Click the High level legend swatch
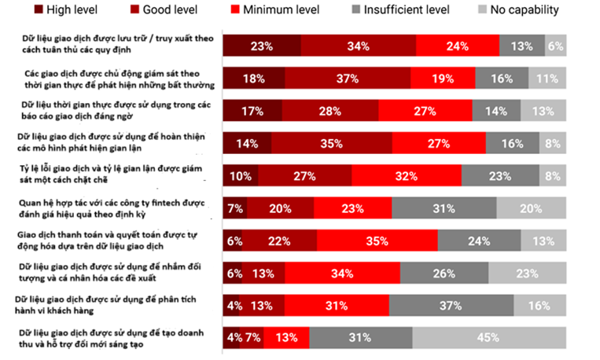pos(39,10)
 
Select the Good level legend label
pos(169,10)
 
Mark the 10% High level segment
pos(240,174)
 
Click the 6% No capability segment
pos(555,46)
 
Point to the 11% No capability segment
pos(547,79)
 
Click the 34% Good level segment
pos(359,46)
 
